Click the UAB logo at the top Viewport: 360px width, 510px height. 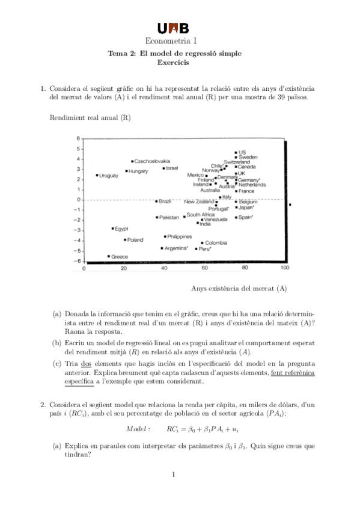[x=174, y=28]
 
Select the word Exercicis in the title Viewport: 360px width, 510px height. [x=174, y=62]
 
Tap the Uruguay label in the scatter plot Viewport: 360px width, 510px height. [x=109, y=176]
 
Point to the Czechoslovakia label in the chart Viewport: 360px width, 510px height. [x=152, y=161]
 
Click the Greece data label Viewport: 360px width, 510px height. [x=120, y=256]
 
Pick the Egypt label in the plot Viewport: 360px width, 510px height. [x=121, y=229]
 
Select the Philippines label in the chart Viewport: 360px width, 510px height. [x=179, y=236]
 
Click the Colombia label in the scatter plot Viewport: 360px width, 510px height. [x=216, y=242]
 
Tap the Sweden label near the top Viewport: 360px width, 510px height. [x=248, y=157]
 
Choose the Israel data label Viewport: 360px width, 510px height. [x=172, y=168]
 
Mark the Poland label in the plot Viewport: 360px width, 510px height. [x=135, y=239]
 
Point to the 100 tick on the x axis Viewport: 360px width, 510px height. [x=285, y=268]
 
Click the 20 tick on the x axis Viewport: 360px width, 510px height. [x=124, y=268]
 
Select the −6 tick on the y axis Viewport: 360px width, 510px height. [x=78, y=261]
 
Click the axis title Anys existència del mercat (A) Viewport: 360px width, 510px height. [x=239, y=289]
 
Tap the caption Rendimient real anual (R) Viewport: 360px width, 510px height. [x=90, y=117]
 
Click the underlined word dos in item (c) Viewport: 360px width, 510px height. [x=85, y=364]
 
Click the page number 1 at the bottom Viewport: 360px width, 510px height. [x=173, y=475]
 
